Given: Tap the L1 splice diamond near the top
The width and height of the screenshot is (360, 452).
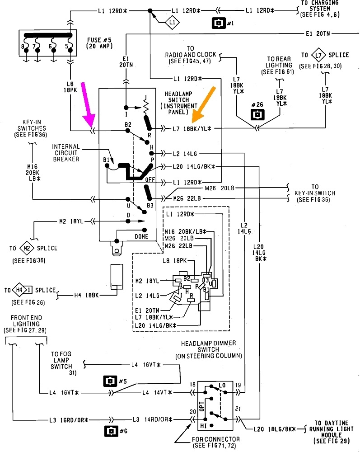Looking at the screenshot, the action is [x=172, y=22].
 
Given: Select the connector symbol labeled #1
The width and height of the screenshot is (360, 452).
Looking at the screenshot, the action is [x=219, y=23].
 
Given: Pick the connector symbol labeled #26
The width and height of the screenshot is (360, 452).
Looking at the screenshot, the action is [x=257, y=114].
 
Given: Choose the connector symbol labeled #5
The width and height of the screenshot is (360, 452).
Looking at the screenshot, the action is [x=110, y=381].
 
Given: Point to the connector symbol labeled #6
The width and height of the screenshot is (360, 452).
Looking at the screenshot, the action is [x=111, y=431].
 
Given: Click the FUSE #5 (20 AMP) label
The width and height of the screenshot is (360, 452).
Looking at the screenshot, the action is [x=99, y=43].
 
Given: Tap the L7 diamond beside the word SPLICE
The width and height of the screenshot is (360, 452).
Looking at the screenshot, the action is [x=318, y=55].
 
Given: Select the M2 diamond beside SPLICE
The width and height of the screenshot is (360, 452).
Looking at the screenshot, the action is [x=27, y=248].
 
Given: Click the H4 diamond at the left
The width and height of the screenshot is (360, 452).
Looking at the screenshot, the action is [x=19, y=290].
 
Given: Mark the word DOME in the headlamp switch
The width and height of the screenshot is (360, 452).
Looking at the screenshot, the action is [x=141, y=236].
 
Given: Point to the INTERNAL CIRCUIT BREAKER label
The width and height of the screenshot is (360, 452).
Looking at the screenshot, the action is [x=65, y=153].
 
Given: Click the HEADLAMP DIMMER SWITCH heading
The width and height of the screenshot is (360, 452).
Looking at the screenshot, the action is [x=209, y=349].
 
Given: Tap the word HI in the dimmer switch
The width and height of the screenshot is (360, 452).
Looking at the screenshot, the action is [x=203, y=426].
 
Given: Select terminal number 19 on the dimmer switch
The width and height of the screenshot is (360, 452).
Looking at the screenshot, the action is [x=238, y=385].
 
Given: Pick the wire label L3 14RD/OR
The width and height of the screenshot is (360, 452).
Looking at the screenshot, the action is [x=152, y=419].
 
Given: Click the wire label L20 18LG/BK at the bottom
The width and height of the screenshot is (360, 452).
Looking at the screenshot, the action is [x=275, y=429].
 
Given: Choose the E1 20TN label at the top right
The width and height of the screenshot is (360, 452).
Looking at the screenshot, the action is [x=318, y=34].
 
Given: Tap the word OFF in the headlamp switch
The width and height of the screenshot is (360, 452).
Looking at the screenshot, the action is [x=150, y=179].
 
